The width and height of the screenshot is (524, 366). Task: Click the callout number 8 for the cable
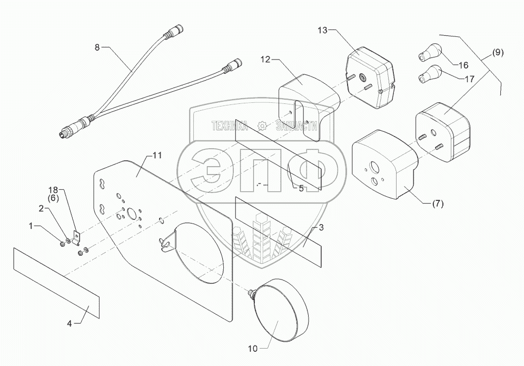point(96,47)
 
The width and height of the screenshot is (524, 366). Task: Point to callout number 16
point(463,65)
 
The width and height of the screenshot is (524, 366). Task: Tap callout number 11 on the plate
point(156,156)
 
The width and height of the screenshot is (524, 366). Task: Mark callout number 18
point(53,189)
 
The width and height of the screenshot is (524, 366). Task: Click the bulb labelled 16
point(429,53)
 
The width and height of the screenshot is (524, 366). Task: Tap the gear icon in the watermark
point(261,126)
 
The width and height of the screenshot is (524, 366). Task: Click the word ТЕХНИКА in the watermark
point(230,126)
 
